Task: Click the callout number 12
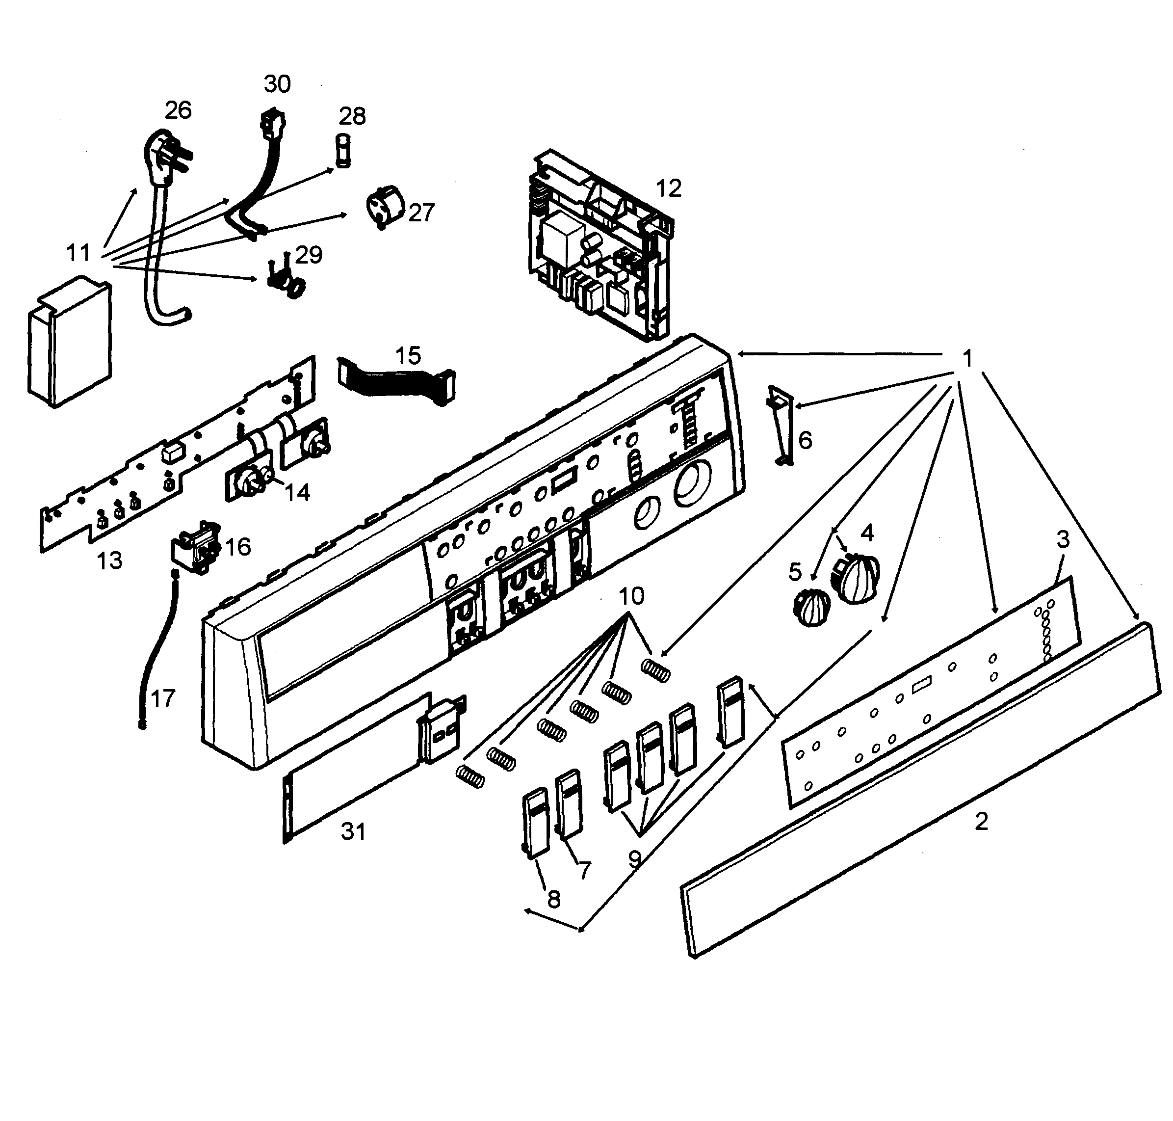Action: [668, 189]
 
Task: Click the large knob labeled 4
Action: [855, 577]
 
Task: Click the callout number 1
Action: [967, 358]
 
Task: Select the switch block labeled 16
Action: [196, 549]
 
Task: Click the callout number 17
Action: [162, 698]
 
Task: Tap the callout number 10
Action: [631, 596]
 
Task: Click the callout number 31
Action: [353, 831]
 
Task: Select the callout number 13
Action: [109, 560]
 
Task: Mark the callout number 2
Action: [981, 821]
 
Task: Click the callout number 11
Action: [78, 253]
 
